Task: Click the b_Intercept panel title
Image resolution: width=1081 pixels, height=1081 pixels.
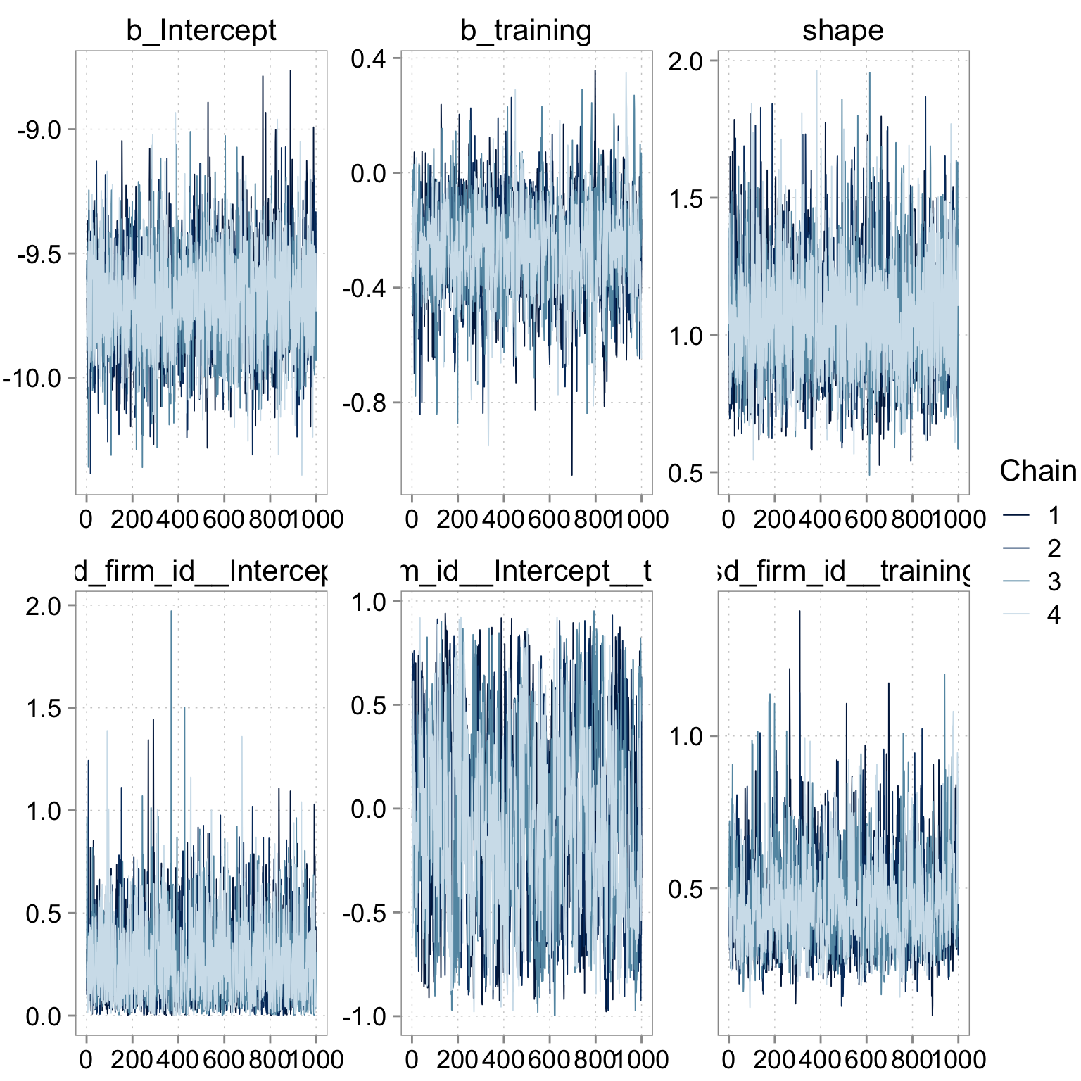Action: pos(201,30)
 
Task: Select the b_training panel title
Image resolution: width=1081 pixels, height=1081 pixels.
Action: pos(526,30)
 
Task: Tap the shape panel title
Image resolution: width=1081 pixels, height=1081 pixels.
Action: pos(842,30)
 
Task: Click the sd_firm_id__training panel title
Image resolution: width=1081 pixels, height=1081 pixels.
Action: pos(842,571)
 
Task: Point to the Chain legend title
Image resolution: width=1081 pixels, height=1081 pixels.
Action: pos(1037,471)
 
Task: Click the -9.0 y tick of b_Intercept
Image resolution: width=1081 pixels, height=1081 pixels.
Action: pos(39,130)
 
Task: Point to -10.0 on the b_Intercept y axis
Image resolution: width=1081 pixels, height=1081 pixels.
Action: pos(33,379)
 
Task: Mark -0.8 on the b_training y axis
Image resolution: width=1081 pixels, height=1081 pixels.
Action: pos(364,403)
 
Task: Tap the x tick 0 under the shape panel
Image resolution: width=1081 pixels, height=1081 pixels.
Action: pos(728,519)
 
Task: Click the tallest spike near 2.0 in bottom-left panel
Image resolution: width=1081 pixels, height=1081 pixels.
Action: pos(171,612)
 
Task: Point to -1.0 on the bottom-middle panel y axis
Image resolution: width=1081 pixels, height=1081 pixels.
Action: pos(364,1016)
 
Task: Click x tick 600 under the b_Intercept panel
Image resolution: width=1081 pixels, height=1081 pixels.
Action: pos(223,519)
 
